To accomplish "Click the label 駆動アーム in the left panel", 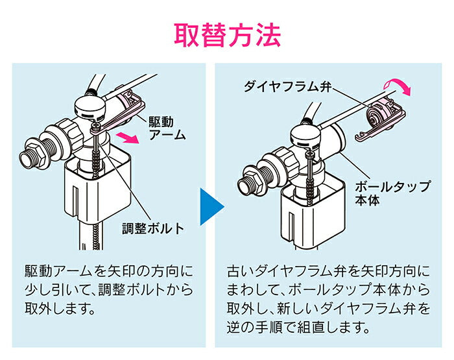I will pyautogui.click(x=168, y=128).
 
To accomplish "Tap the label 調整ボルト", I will pyautogui.click(x=153, y=228).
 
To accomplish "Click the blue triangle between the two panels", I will pyautogui.click(x=211, y=208).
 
